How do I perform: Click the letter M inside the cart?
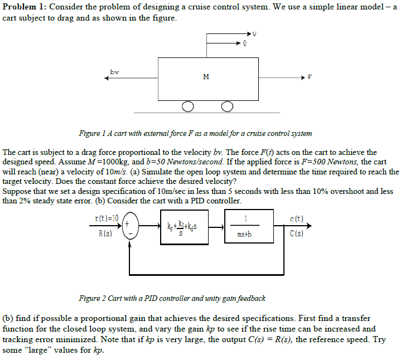(x=206, y=76)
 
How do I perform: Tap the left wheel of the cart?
(x=188, y=106)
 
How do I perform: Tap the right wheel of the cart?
(x=227, y=106)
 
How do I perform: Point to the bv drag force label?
(x=114, y=72)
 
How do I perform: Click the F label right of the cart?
(x=310, y=77)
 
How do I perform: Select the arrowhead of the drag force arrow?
(x=107, y=78)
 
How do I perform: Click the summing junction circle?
(x=131, y=225)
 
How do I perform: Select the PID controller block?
(x=184, y=227)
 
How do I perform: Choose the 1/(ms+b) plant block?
(x=249, y=226)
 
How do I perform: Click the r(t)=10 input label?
(x=107, y=218)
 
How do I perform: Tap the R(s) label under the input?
(x=105, y=233)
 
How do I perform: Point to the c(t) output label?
(x=297, y=218)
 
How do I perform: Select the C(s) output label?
(x=297, y=233)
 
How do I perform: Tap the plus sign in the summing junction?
(x=127, y=224)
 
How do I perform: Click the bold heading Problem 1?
(x=25, y=7)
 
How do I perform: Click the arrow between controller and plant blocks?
(x=216, y=227)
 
